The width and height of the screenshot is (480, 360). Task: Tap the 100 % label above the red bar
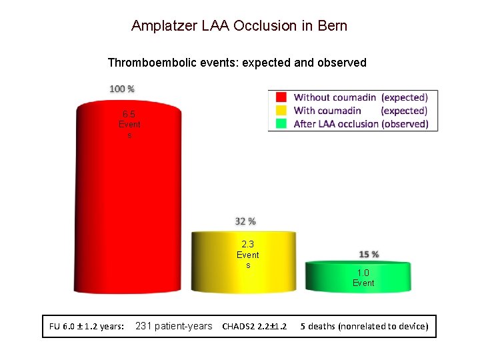[122, 89]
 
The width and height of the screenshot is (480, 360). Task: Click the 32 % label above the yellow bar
[245, 221]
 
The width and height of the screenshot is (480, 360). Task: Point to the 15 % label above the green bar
[369, 255]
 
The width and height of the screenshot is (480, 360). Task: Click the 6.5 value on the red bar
[129, 114]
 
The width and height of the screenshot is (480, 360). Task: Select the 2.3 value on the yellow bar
[248, 245]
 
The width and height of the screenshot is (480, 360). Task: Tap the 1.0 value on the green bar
[363, 273]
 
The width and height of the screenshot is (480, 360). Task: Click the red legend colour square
[281, 97]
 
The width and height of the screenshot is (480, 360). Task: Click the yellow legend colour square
[281, 111]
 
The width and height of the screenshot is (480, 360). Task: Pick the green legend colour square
[281, 123]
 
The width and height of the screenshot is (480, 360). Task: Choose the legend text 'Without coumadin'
[335, 97]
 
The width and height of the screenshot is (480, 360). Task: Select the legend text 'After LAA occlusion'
[336, 124]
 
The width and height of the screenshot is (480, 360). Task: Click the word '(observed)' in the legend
[405, 124]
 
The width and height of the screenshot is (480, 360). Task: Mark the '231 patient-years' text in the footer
[173, 326]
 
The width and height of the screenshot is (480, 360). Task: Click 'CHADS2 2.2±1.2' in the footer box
[255, 327]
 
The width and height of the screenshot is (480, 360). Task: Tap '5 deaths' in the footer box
[318, 327]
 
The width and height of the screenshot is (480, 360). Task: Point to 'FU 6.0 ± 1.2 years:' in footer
[86, 327]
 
